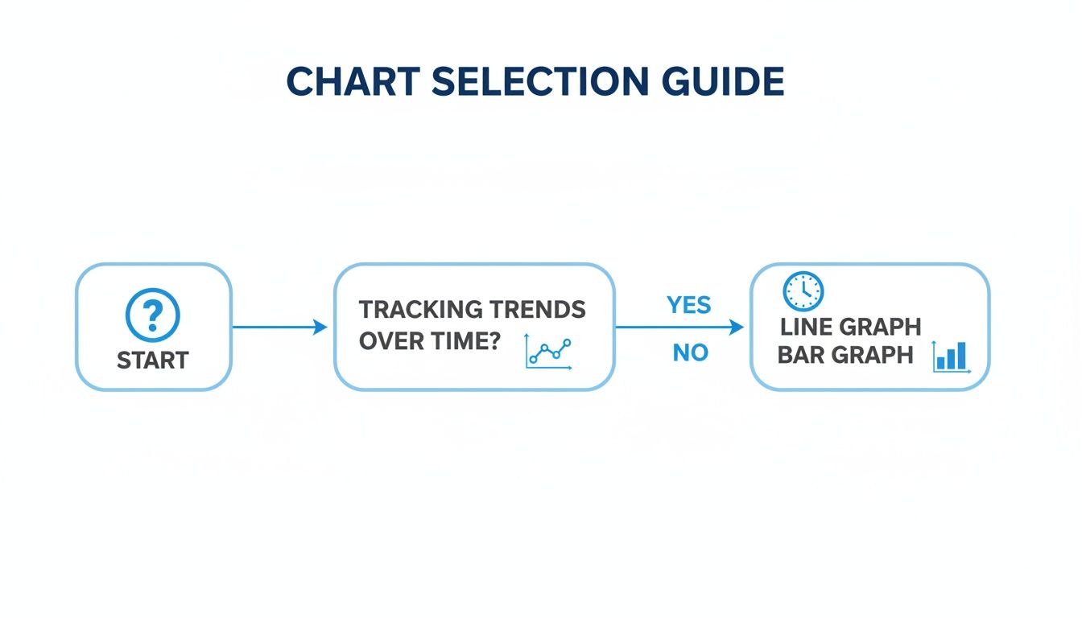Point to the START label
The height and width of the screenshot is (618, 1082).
(153, 360)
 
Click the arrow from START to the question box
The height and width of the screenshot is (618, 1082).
(278, 327)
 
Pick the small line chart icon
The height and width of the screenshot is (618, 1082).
(548, 352)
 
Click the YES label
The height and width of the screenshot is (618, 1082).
(689, 305)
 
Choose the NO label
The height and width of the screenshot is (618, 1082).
(690, 352)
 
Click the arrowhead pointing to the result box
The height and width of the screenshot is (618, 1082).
(736, 328)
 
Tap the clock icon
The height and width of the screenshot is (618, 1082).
(803, 290)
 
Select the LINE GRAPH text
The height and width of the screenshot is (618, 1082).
(850, 327)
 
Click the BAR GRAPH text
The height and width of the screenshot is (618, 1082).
(845, 355)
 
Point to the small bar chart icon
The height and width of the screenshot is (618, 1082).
(952, 356)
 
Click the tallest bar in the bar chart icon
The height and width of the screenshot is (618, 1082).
(961, 355)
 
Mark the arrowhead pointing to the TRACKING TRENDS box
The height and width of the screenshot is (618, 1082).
(320, 327)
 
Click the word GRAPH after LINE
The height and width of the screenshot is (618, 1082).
(880, 327)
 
